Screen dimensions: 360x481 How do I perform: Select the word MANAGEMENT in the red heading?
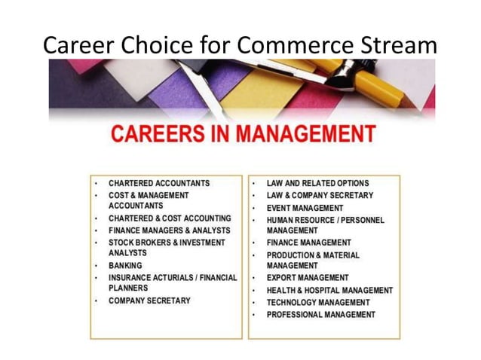pos(306,135)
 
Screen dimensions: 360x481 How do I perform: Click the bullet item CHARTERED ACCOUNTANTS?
pos(159,183)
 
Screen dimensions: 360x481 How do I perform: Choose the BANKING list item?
pos(126,266)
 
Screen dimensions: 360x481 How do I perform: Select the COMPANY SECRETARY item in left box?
pos(149,301)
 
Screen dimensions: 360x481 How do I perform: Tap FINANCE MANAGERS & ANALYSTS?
pos(170,230)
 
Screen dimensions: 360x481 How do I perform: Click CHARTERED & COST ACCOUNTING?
pos(170,218)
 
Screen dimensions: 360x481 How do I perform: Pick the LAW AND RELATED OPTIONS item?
pos(317,183)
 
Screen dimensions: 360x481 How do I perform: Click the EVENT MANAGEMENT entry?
pos(305,207)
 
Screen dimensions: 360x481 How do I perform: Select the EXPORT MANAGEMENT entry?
pos(308,278)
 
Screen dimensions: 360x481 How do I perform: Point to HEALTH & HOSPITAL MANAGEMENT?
pos(329,290)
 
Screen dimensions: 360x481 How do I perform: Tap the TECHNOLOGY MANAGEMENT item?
pos(317,302)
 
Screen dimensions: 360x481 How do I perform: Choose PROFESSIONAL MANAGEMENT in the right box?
pos(320,314)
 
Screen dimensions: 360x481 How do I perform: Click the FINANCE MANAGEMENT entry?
pos(308,243)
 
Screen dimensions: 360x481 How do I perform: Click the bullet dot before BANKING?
pos(97,266)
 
